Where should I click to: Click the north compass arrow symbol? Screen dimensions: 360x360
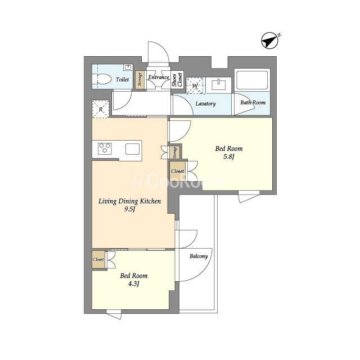[270, 41]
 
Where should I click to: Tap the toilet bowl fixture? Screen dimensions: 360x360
[102, 79]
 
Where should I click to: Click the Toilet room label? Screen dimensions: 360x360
[122, 79]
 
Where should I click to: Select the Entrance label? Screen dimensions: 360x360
[159, 77]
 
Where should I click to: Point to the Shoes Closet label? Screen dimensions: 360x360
[177, 80]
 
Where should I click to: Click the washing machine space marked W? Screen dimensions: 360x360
[195, 85]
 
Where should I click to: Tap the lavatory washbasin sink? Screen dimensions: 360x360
[219, 84]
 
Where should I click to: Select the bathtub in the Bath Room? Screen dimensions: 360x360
[252, 80]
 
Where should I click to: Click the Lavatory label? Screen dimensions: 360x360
[205, 103]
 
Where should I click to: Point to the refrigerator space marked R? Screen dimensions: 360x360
[101, 109]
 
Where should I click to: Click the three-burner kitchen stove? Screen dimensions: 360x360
[105, 148]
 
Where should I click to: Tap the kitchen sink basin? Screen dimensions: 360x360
[133, 149]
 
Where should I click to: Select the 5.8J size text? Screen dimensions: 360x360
[229, 157]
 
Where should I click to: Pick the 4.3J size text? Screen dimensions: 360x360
[134, 284]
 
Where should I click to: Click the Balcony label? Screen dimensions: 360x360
[199, 256]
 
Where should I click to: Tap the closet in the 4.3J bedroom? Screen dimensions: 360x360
[99, 259]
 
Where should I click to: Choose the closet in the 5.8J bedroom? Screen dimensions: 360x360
[178, 171]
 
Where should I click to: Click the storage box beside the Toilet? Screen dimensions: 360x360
[140, 79]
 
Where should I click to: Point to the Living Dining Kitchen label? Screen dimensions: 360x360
[129, 201]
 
